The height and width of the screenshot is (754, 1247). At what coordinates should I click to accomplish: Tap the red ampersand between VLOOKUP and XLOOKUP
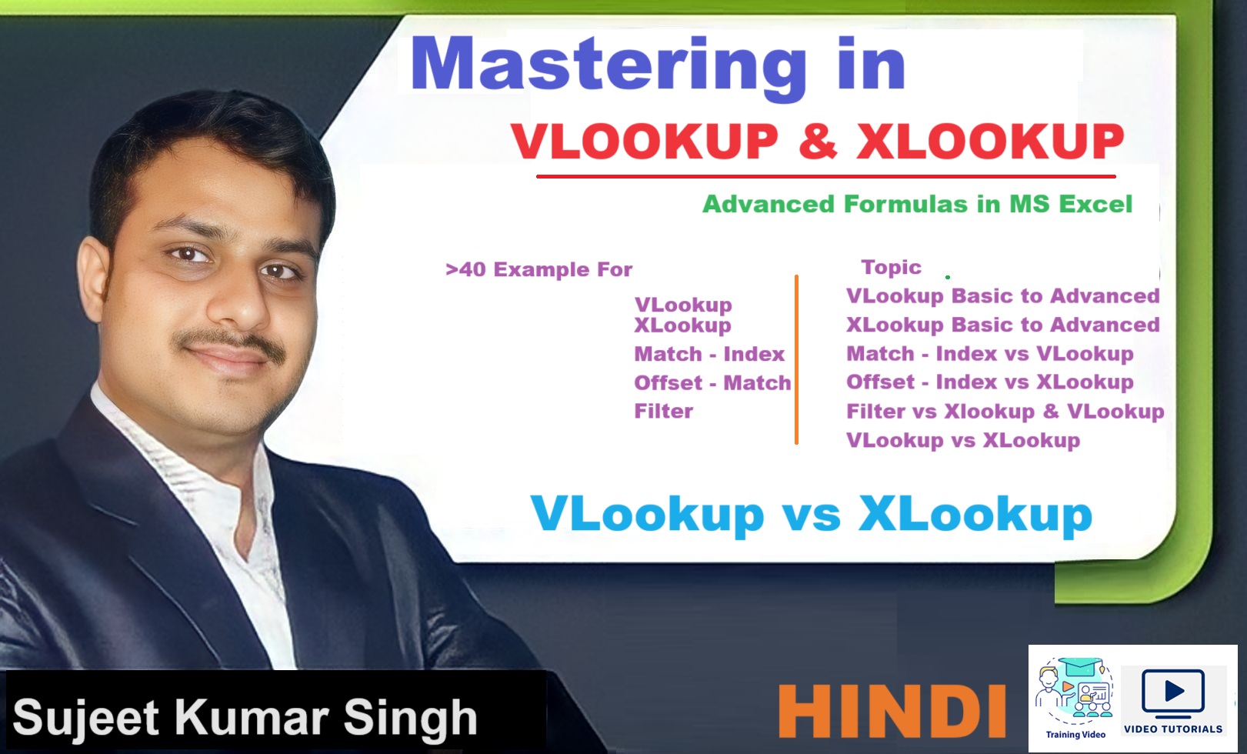click(x=817, y=142)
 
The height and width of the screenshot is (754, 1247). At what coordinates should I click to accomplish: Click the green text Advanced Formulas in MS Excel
click(x=918, y=204)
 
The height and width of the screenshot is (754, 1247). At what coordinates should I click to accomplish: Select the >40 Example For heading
click(x=539, y=269)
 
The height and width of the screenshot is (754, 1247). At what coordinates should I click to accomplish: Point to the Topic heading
click(x=892, y=267)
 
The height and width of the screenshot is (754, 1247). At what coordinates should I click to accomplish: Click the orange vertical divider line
click(x=797, y=360)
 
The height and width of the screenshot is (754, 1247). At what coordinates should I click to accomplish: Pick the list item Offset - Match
click(x=712, y=382)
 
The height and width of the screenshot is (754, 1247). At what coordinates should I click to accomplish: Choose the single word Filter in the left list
click(x=664, y=411)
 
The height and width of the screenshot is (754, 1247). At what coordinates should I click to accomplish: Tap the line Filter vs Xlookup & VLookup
click(x=1005, y=412)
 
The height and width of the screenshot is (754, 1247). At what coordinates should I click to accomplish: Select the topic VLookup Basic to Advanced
click(x=1002, y=295)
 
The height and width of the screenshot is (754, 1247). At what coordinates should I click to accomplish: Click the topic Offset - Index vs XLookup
click(x=990, y=382)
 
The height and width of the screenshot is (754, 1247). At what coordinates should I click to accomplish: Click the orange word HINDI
click(x=892, y=711)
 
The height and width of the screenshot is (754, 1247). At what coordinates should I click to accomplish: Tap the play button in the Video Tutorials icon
click(x=1173, y=691)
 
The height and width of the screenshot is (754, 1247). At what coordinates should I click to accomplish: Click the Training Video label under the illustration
click(x=1075, y=735)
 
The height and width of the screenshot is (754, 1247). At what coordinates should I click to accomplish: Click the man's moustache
click(x=229, y=341)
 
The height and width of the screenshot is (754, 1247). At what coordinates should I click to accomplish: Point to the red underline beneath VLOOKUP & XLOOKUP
click(x=826, y=176)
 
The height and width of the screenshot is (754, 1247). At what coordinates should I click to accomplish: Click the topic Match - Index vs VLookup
click(x=990, y=354)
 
